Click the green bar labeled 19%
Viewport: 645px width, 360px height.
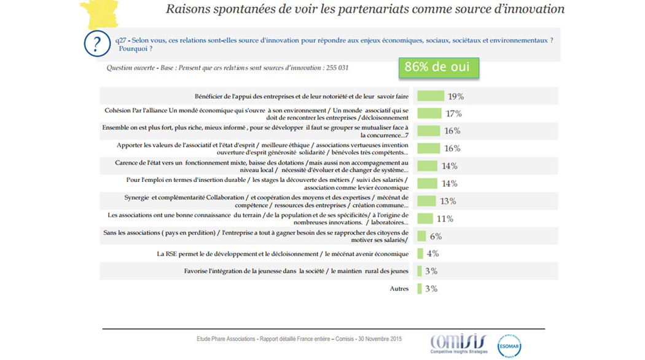(430, 96)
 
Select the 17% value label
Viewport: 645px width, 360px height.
(454, 114)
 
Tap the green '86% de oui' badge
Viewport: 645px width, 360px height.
(438, 68)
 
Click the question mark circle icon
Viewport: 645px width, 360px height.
(96, 44)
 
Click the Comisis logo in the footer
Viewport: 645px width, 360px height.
(458, 343)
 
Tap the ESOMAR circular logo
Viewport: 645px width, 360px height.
(509, 345)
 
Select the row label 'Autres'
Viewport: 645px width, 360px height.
(399, 289)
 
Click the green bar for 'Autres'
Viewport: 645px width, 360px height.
(420, 289)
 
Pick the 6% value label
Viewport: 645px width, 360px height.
(436, 237)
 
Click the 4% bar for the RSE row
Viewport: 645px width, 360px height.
(420, 254)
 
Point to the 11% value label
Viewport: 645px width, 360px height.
(445, 219)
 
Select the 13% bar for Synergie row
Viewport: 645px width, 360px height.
(426, 201)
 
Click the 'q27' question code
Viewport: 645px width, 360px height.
(120, 40)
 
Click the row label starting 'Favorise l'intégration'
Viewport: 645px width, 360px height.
(296, 271)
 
